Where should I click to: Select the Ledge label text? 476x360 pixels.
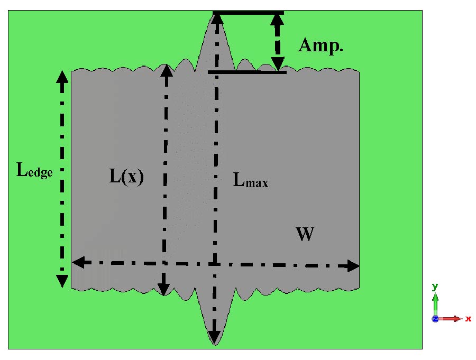(35, 170)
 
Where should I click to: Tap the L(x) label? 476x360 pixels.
(126, 177)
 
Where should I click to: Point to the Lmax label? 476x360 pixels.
(251, 181)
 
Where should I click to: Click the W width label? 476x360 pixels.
(305, 234)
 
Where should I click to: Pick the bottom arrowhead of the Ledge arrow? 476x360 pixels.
(62, 281)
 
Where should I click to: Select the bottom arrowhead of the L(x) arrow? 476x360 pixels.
(163, 289)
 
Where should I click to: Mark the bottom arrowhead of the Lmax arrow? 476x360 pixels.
(214, 337)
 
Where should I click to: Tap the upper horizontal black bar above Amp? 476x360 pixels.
(248, 12)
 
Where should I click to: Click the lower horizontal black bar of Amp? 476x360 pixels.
(247, 72)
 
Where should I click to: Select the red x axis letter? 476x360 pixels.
(468, 319)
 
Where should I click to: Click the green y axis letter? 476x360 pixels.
(435, 287)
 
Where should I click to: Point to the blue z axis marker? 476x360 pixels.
(435, 319)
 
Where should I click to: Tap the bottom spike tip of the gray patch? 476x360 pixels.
(214, 344)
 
